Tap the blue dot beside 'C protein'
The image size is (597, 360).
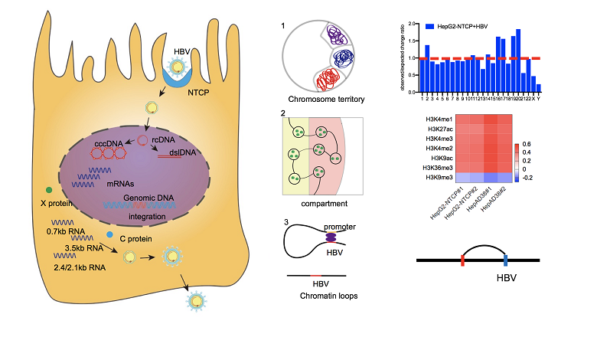[110, 234]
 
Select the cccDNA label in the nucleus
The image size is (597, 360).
[109, 143]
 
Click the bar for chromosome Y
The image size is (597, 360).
[539, 88]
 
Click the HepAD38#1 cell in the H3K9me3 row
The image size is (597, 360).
[487, 176]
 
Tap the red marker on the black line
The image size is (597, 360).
[462, 260]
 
